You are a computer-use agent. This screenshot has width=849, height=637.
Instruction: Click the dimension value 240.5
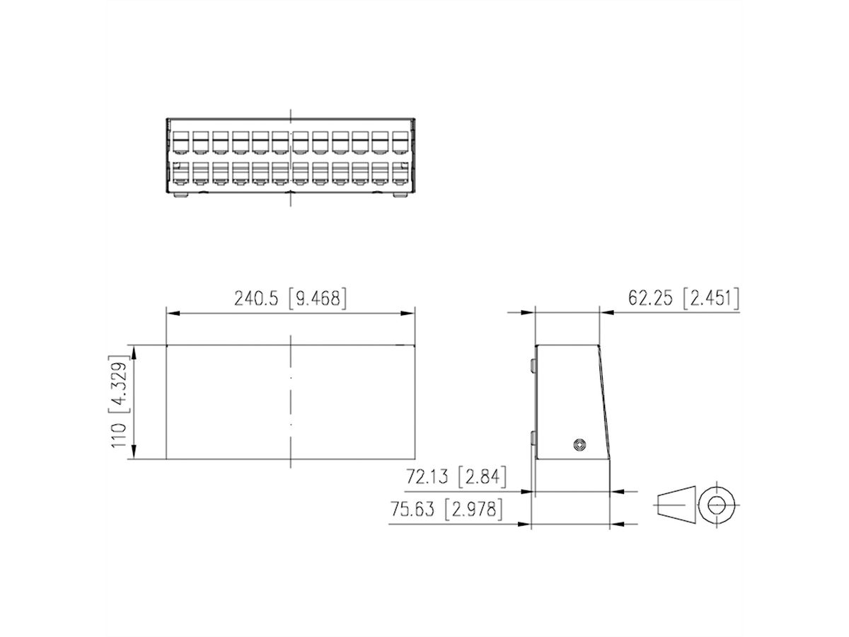258,299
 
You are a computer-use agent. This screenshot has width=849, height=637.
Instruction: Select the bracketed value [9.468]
318,299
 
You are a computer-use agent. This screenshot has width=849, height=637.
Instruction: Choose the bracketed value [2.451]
711,299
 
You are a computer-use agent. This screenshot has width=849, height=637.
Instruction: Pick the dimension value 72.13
429,478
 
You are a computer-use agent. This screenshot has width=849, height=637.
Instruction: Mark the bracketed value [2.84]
483,478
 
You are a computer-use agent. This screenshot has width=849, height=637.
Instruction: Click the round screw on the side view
580,444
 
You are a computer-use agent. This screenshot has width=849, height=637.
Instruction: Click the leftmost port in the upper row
180,141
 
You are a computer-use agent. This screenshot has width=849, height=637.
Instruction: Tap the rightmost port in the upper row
401,141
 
